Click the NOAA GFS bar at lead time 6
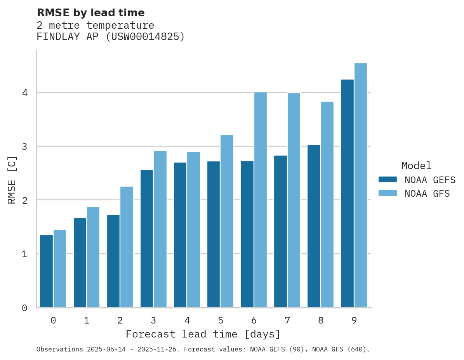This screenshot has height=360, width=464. [x=260, y=200]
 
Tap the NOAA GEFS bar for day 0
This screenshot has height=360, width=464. [x=47, y=271]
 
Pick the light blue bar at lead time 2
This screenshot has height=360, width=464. [x=127, y=247]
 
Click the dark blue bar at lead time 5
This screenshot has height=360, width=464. [x=214, y=234]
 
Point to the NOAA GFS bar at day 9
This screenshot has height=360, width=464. [x=361, y=185]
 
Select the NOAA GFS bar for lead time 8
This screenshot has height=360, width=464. [x=327, y=204]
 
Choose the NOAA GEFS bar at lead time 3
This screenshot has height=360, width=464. [x=147, y=239]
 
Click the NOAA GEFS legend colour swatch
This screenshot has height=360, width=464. [x=388, y=180]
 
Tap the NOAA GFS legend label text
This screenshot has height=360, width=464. [x=427, y=194]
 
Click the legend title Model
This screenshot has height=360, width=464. [x=416, y=166]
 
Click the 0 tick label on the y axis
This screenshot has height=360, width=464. [x=24, y=308]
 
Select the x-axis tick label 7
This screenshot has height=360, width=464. [x=287, y=321]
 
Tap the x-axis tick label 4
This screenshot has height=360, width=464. [x=187, y=321]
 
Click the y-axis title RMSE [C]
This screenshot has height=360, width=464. [x=12, y=180]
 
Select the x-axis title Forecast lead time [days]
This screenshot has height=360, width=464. [x=203, y=334]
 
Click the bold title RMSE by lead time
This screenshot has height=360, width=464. [x=90, y=13]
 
